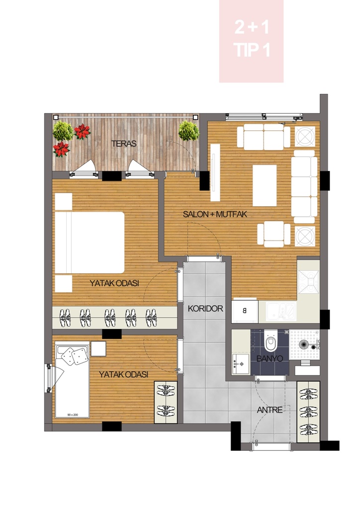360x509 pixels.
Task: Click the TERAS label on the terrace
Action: pos(124,144)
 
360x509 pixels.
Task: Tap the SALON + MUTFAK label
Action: pos(215,214)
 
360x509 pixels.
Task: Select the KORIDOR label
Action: pos(205,308)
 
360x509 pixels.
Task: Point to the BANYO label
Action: pos(270,359)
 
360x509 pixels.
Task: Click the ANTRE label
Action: pos(270,410)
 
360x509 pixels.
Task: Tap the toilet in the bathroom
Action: pos(270,340)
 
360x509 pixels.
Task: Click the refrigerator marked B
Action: pos(245,310)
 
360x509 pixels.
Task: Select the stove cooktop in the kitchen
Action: pos(309,282)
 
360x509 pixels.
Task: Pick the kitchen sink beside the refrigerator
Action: pos(281,311)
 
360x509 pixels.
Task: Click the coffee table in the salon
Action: pos(265,185)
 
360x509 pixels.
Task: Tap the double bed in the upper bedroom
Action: pos(90,243)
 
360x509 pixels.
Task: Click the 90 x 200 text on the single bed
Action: pos(73,415)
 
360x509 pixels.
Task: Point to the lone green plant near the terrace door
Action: pos(188,131)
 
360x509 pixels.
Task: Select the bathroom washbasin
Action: pos(241,364)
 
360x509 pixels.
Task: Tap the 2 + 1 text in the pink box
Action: pos(252,27)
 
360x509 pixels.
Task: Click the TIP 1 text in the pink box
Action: pos(252,50)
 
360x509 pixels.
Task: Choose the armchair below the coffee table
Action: pos(273,235)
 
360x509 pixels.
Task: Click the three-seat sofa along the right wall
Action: pos(304,186)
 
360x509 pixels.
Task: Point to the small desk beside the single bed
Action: pos(98,348)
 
